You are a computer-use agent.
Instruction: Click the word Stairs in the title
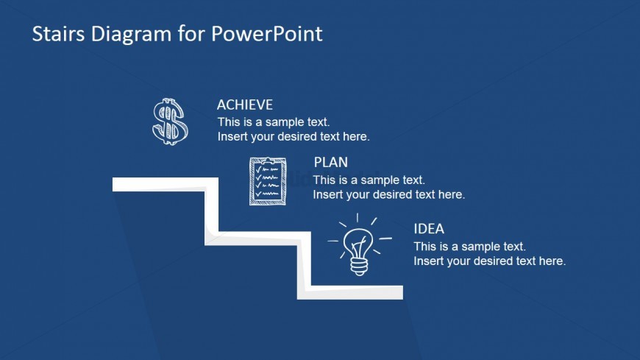(58, 34)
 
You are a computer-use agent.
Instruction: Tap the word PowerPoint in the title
(266, 34)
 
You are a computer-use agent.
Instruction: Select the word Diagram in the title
(131, 35)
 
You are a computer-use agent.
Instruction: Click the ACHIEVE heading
(245, 105)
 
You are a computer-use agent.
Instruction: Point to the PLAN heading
(331, 163)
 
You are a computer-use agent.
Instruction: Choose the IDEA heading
(429, 229)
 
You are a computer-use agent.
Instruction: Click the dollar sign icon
(170, 121)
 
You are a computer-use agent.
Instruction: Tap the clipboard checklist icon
(268, 181)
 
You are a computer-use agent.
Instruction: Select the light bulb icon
(359, 244)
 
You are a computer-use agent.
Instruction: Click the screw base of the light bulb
(359, 267)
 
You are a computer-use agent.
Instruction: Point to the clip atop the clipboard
(267, 160)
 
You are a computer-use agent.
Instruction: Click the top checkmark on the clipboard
(258, 169)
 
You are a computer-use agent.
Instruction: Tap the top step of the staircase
(165, 184)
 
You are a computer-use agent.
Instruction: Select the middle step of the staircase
(258, 239)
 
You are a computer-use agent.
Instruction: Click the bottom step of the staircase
(350, 292)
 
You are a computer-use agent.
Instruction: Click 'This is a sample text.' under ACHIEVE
(274, 122)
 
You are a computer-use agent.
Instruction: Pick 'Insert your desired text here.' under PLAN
(389, 194)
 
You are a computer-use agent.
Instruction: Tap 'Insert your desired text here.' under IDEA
(490, 261)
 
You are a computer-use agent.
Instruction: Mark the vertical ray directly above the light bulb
(358, 217)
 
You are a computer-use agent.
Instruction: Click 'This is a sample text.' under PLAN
(369, 180)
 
